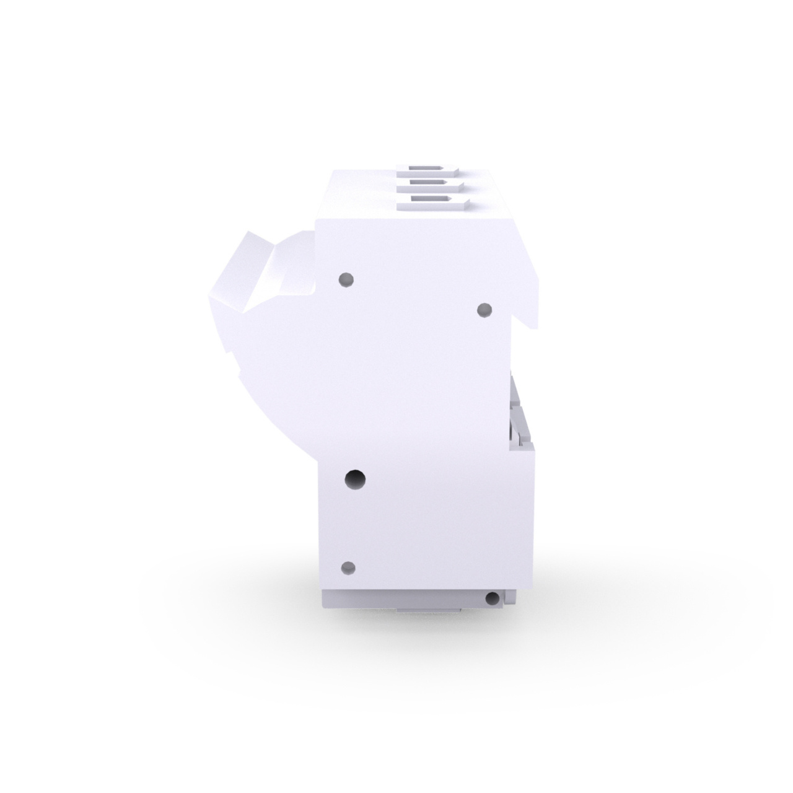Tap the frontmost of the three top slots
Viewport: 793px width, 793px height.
click(x=432, y=200)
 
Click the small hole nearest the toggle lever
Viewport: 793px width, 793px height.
click(x=347, y=280)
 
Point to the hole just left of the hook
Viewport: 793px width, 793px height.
click(x=484, y=309)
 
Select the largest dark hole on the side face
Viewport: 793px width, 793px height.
click(x=355, y=478)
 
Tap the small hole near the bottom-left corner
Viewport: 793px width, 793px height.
click(x=348, y=567)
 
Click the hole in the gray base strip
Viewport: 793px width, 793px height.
click(x=493, y=598)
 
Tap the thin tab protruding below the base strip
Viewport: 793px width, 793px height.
click(x=427, y=610)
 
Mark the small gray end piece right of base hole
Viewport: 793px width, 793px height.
click(x=509, y=597)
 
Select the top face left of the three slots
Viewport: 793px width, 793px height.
click(x=359, y=195)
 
